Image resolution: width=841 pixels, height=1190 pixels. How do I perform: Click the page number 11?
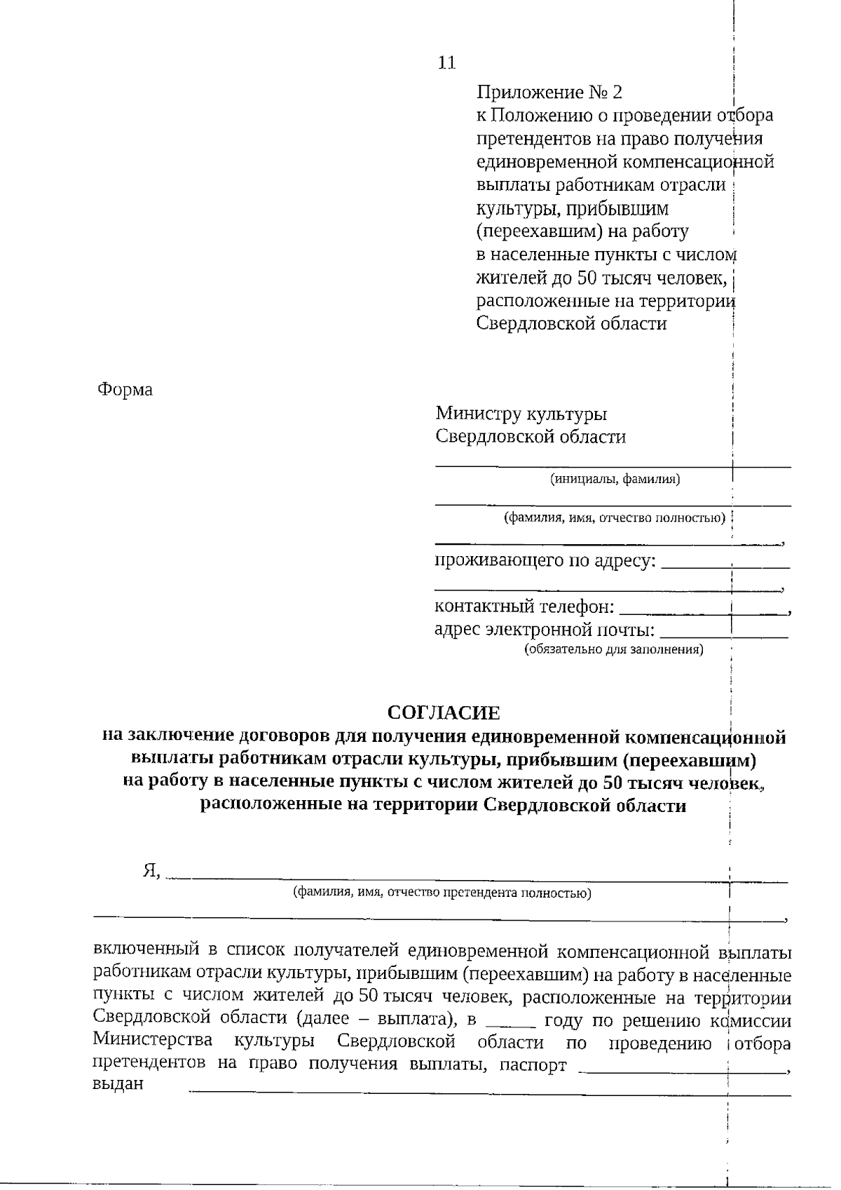[x=446, y=63]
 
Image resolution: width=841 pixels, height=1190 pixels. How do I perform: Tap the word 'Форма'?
[x=125, y=389]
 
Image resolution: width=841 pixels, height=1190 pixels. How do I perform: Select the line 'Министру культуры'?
[x=521, y=414]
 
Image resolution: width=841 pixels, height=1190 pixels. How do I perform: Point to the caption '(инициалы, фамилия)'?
[x=615, y=480]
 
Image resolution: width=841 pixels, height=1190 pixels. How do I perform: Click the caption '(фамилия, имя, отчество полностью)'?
[x=614, y=518]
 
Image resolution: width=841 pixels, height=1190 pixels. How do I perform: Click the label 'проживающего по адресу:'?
[x=545, y=561]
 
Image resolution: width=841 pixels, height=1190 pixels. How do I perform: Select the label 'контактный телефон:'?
[x=524, y=606]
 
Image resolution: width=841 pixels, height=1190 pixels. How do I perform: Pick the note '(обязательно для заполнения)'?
[x=614, y=649]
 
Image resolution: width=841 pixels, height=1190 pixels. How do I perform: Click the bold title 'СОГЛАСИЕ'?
[x=444, y=713]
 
